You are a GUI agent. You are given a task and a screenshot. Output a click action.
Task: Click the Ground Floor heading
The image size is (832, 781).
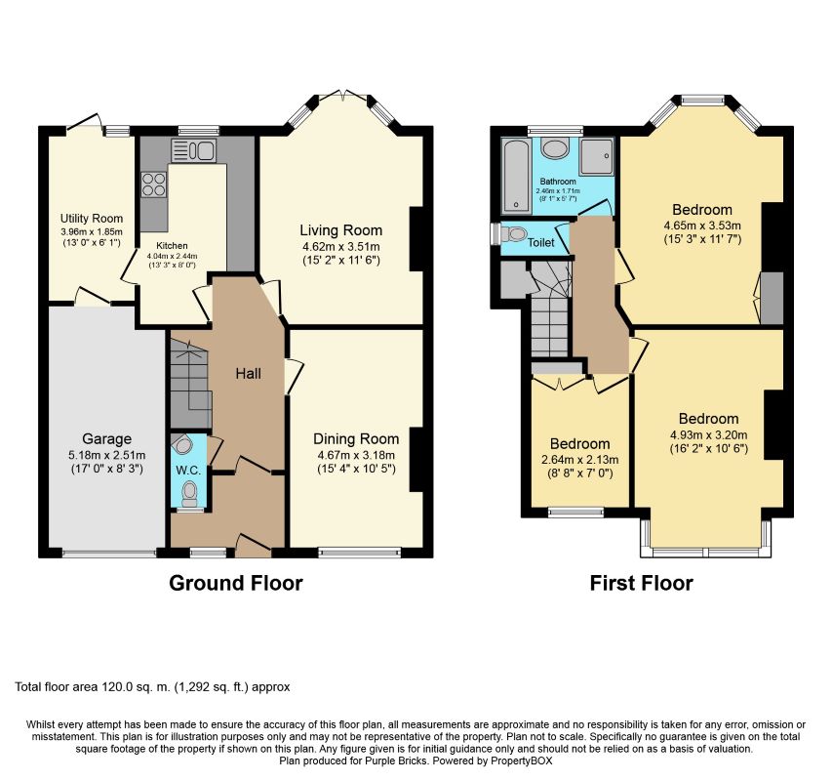tap(236, 583)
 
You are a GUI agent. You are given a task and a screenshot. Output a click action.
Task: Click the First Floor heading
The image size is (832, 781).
tap(641, 583)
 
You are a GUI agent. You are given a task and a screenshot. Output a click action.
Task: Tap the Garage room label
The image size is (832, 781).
tap(106, 439)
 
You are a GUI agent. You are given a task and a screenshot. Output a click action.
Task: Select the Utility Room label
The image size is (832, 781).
tap(92, 219)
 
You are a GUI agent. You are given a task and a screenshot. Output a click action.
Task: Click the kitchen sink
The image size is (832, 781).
tap(193, 149)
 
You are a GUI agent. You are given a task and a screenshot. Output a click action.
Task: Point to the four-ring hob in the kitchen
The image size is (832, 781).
tap(153, 185)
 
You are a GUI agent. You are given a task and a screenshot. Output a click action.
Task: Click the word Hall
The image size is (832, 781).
tap(249, 374)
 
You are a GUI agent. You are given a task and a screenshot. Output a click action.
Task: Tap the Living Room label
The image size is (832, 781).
tap(341, 230)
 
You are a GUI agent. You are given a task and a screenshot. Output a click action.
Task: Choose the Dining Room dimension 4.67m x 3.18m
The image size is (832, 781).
tap(356, 455)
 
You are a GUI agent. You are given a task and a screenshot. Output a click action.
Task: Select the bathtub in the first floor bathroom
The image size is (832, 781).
tap(515, 175)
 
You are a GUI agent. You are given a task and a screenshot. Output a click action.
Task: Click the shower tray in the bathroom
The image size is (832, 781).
tap(596, 157)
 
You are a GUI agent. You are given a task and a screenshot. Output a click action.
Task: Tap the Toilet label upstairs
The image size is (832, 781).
tap(540, 243)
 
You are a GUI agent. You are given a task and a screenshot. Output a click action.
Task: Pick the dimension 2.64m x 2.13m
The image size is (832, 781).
tap(580, 460)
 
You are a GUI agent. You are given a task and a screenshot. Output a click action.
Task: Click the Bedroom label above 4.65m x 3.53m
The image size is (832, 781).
tap(702, 209)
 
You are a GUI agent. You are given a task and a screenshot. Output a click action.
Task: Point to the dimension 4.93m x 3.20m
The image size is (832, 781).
tap(709, 435)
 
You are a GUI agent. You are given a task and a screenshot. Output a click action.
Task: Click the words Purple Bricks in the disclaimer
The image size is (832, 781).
tap(391, 760)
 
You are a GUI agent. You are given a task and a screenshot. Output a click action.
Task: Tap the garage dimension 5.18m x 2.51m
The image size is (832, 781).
tap(106, 456)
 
